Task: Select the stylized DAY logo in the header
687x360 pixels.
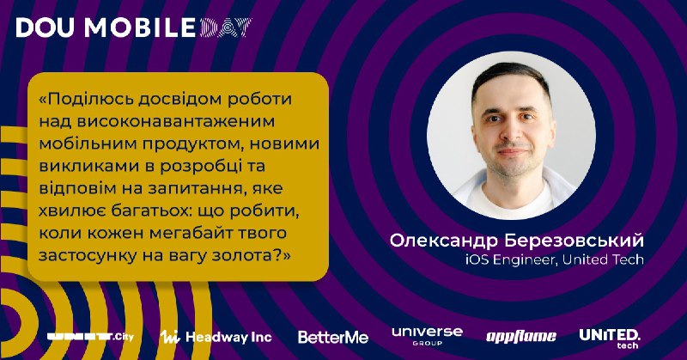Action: click(x=226, y=27)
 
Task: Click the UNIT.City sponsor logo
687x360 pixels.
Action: click(x=91, y=337)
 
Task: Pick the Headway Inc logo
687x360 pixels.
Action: click(x=216, y=337)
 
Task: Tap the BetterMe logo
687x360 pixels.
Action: click(x=333, y=337)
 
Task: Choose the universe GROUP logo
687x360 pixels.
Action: click(x=427, y=336)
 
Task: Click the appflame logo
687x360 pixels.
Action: click(x=521, y=336)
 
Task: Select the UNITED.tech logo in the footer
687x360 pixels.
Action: click(x=610, y=339)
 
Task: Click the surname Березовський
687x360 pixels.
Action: click(x=574, y=241)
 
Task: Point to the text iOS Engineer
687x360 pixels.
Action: click(x=511, y=260)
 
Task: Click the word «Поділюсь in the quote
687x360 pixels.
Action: click(x=87, y=99)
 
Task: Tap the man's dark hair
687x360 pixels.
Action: click(x=511, y=77)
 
